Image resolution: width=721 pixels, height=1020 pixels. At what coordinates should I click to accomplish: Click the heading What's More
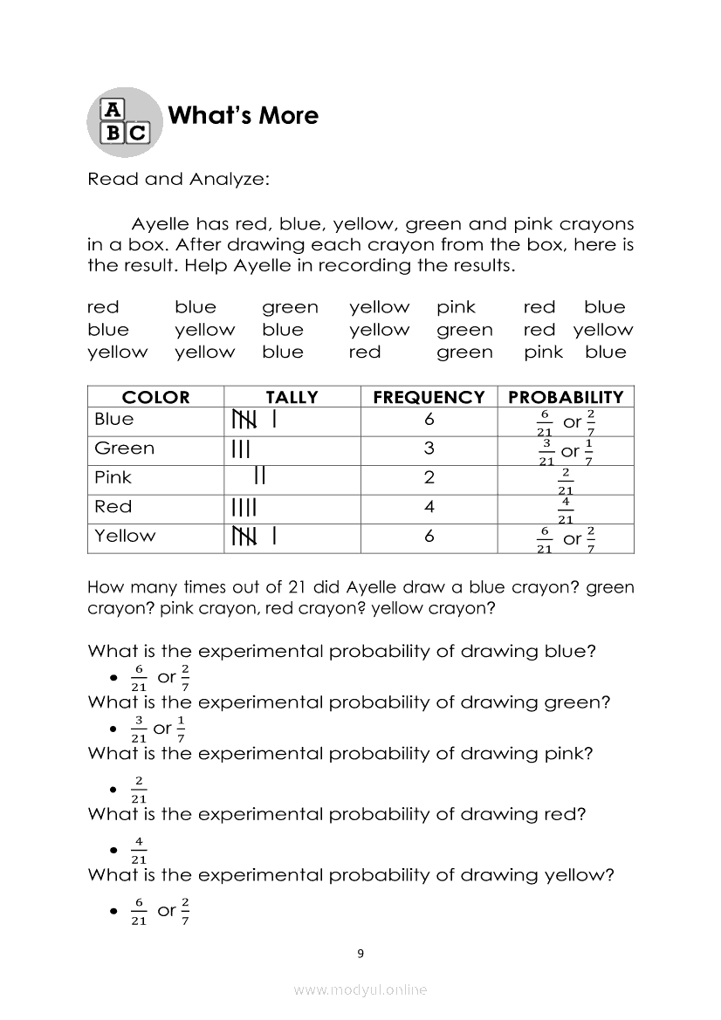(243, 116)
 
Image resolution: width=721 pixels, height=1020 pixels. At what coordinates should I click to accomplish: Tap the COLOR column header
(155, 397)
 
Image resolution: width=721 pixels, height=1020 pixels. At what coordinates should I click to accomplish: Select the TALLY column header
(292, 397)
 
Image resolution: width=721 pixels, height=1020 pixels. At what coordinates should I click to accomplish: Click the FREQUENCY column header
(429, 397)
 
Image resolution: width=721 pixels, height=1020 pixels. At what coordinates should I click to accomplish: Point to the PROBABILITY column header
(566, 397)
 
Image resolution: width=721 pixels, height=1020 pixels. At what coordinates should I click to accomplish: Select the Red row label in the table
(113, 507)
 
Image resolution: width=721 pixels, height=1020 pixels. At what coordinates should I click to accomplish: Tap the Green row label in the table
(124, 448)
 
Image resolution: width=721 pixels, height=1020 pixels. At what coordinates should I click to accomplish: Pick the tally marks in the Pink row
(259, 476)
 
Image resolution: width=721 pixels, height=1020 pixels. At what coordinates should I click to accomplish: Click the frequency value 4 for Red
(429, 507)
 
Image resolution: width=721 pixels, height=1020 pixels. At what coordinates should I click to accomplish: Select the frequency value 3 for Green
(429, 449)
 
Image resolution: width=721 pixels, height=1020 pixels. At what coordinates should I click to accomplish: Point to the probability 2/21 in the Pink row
(566, 482)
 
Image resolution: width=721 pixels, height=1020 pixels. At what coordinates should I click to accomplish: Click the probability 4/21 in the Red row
(566, 510)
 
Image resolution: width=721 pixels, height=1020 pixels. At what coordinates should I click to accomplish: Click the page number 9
(360, 954)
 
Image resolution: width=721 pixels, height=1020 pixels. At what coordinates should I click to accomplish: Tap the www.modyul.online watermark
(360, 990)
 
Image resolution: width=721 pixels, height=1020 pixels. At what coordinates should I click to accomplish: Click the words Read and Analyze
(179, 180)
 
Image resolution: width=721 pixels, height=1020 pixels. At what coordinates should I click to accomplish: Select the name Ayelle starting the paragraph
(160, 225)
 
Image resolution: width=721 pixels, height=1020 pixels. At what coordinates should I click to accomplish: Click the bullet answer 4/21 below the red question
(138, 850)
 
